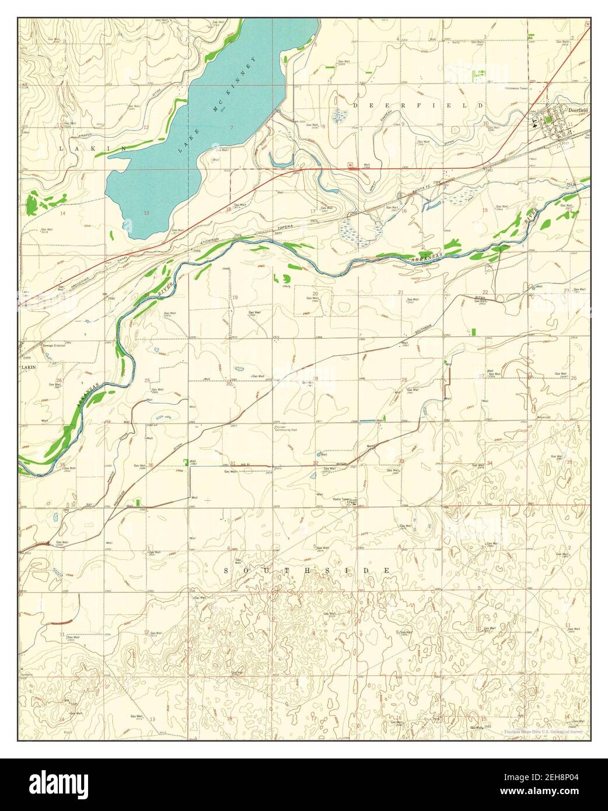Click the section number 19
coord(235,298)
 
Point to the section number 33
coord(401,462)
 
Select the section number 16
coord(404,210)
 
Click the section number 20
coord(315,293)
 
